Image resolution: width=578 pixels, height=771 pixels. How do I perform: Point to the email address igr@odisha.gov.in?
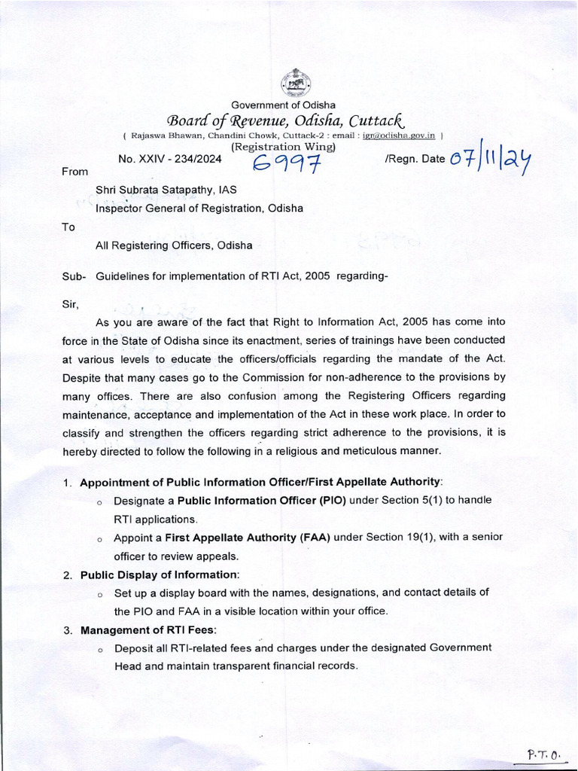tap(399, 136)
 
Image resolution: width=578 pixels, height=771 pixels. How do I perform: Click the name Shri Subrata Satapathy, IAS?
tap(166, 191)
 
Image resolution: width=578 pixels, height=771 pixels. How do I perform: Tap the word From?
tap(75, 172)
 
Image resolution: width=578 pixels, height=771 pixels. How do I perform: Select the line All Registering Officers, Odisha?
tap(174, 245)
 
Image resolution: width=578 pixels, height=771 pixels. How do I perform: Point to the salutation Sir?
tap(68, 304)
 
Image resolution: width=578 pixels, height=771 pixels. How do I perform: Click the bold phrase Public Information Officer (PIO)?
tap(262, 501)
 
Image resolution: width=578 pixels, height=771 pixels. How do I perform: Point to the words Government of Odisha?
tap(283, 105)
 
